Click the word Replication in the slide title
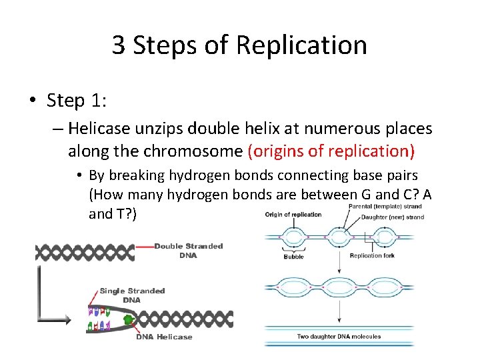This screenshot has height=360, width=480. pyautogui.click(x=301, y=45)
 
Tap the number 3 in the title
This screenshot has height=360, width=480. pyautogui.click(x=119, y=45)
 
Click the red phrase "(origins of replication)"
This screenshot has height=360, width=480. pyautogui.click(x=331, y=151)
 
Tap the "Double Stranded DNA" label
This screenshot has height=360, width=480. pyautogui.click(x=189, y=251)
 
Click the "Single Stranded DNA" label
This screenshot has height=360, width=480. pyautogui.click(x=132, y=295)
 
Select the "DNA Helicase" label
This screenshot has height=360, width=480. pyautogui.click(x=164, y=337)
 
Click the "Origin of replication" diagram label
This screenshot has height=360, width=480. pyautogui.click(x=293, y=215)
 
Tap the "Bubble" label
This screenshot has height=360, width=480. pyautogui.click(x=294, y=257)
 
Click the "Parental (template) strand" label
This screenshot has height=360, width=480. pyautogui.click(x=385, y=207)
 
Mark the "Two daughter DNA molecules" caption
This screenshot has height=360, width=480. pyautogui.click(x=339, y=336)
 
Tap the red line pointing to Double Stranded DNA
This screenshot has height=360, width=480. pyautogui.click(x=144, y=246)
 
